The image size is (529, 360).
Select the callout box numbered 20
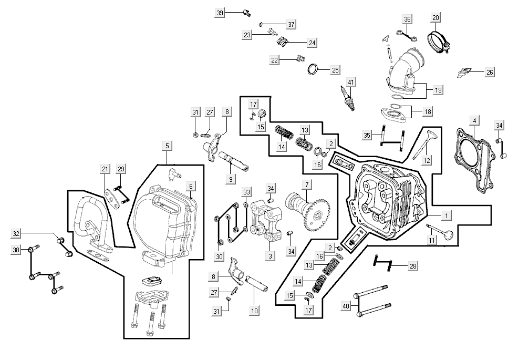click(x=435, y=18)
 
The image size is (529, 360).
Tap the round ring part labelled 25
click(x=313, y=69)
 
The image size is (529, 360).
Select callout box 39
click(x=220, y=13)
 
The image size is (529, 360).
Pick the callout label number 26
click(x=490, y=71)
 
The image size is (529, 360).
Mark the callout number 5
click(x=167, y=145)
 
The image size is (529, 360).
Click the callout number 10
click(x=254, y=311)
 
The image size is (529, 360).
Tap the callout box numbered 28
click(x=413, y=266)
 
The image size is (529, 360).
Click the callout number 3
click(x=269, y=256)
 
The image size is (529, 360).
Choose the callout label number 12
click(x=427, y=160)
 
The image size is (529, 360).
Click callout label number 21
click(x=105, y=169)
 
